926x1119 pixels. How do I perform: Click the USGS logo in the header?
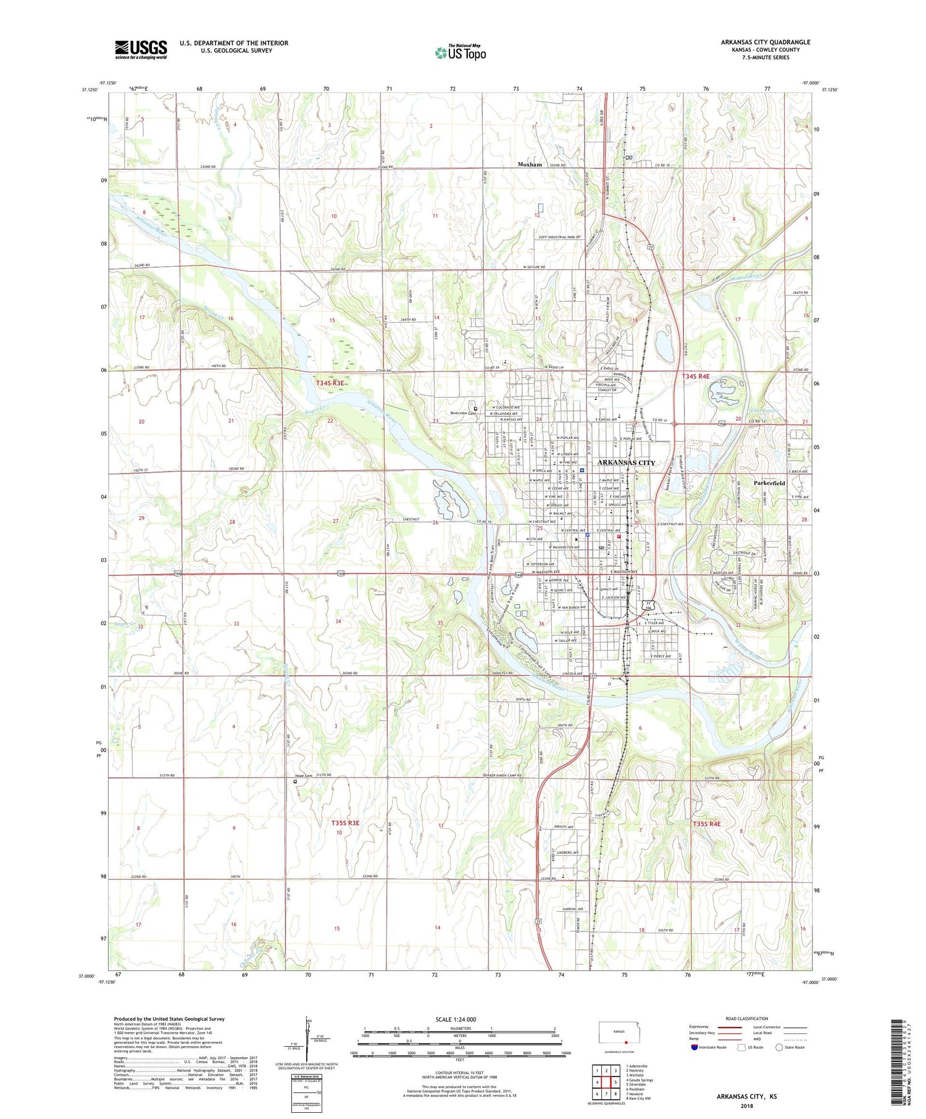(x=141, y=49)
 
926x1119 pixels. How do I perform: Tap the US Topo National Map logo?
(x=460, y=52)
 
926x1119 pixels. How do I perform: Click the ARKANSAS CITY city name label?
(x=626, y=462)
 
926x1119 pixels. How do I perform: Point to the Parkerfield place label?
(x=769, y=483)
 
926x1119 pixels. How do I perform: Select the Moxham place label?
(x=530, y=165)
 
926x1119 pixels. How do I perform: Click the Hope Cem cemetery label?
(x=304, y=776)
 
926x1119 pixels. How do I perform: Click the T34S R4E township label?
(x=695, y=376)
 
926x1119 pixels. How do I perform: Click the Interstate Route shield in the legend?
(x=694, y=1047)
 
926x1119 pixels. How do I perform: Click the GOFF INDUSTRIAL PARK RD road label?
(x=559, y=237)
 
